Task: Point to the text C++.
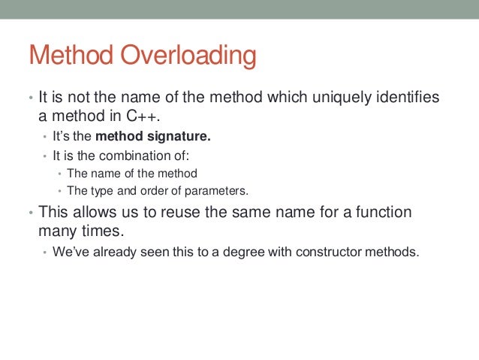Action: [x=142, y=117]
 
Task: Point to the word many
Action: [x=59, y=230]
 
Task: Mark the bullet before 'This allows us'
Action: [x=31, y=213]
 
